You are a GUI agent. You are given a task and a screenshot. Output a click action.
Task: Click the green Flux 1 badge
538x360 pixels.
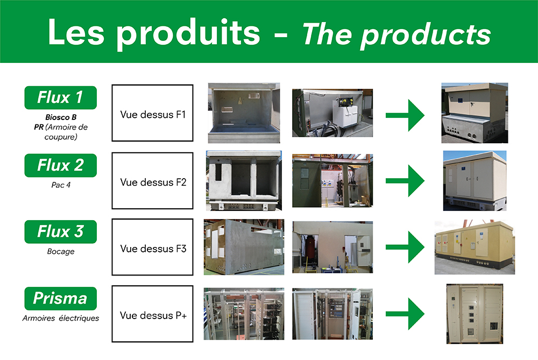60,97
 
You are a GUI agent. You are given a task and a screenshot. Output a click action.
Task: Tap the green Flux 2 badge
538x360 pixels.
60,165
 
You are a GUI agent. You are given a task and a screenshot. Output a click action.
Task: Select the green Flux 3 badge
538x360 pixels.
60,231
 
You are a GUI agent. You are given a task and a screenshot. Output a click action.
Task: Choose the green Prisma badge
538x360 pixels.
60,298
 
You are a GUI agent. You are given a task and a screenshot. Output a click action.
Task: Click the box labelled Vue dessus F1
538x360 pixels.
152,113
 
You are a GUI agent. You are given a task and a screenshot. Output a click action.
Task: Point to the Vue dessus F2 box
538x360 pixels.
152,180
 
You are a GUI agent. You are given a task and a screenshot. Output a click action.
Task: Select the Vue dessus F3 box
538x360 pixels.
152,247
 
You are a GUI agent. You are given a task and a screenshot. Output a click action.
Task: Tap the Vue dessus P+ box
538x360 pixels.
152,314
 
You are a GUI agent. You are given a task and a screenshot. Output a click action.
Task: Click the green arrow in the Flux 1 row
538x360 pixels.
405,115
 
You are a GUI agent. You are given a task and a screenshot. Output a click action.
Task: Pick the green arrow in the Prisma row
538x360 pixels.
405,314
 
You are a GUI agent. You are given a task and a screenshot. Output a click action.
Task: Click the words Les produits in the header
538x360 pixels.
154,33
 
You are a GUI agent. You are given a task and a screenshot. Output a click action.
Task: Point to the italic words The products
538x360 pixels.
397,34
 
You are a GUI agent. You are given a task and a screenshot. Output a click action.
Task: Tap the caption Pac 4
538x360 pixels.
61,185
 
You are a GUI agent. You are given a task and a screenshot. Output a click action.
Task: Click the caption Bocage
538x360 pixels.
61,251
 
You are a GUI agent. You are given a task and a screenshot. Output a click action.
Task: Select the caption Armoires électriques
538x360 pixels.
61,318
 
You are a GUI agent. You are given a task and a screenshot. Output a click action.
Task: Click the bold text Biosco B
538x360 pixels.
61,117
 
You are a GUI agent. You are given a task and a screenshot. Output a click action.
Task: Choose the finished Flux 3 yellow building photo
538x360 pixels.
475,247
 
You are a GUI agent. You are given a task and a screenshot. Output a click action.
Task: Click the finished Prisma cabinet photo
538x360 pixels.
475,314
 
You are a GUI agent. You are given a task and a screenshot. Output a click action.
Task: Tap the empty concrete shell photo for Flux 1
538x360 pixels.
244,113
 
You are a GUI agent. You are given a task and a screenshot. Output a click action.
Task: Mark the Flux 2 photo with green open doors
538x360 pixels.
332,180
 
